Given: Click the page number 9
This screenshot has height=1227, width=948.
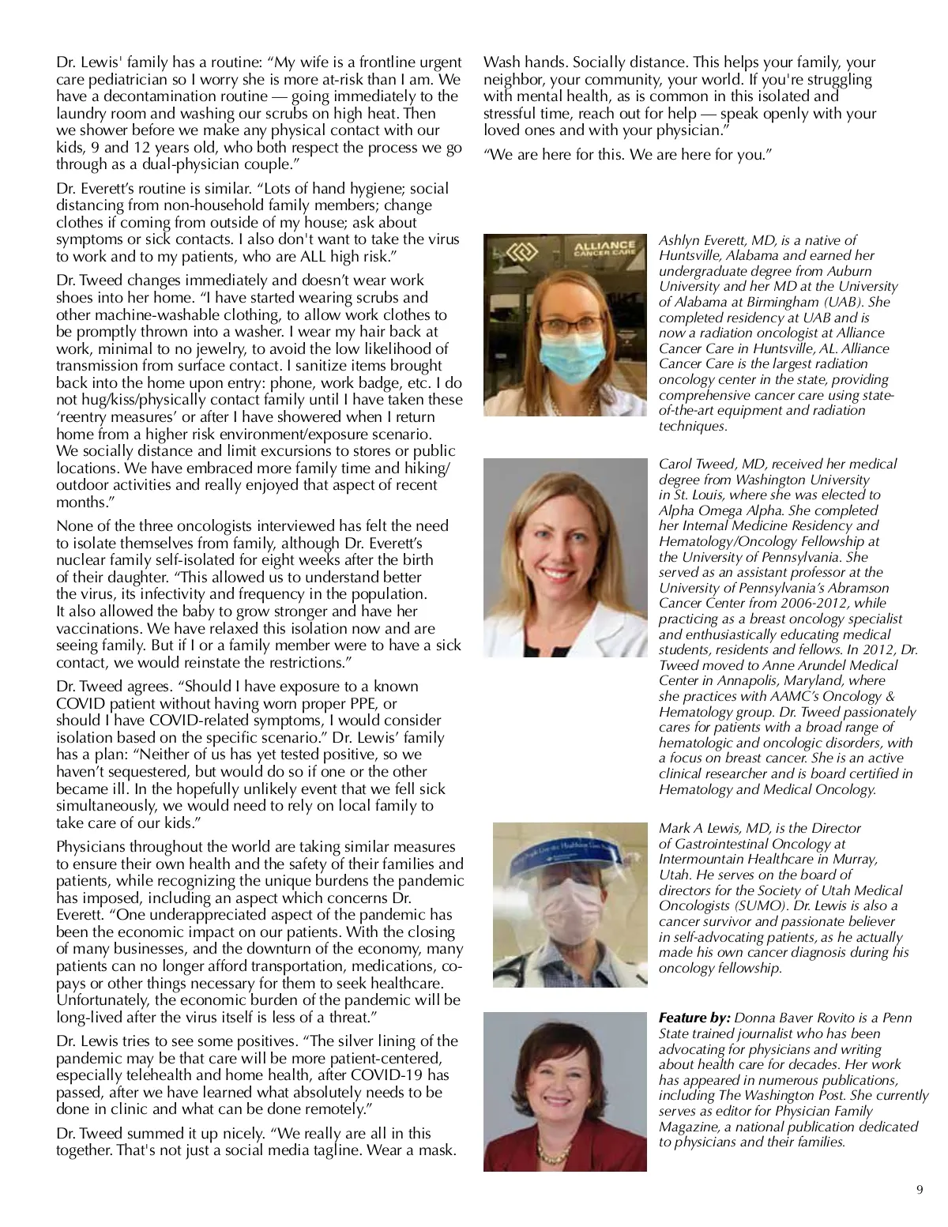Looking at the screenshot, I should click(x=919, y=1191).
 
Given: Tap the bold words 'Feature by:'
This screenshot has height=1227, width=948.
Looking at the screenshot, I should click(x=694, y=1018).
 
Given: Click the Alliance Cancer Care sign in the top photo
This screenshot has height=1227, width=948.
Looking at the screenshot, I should click(x=604, y=250).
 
